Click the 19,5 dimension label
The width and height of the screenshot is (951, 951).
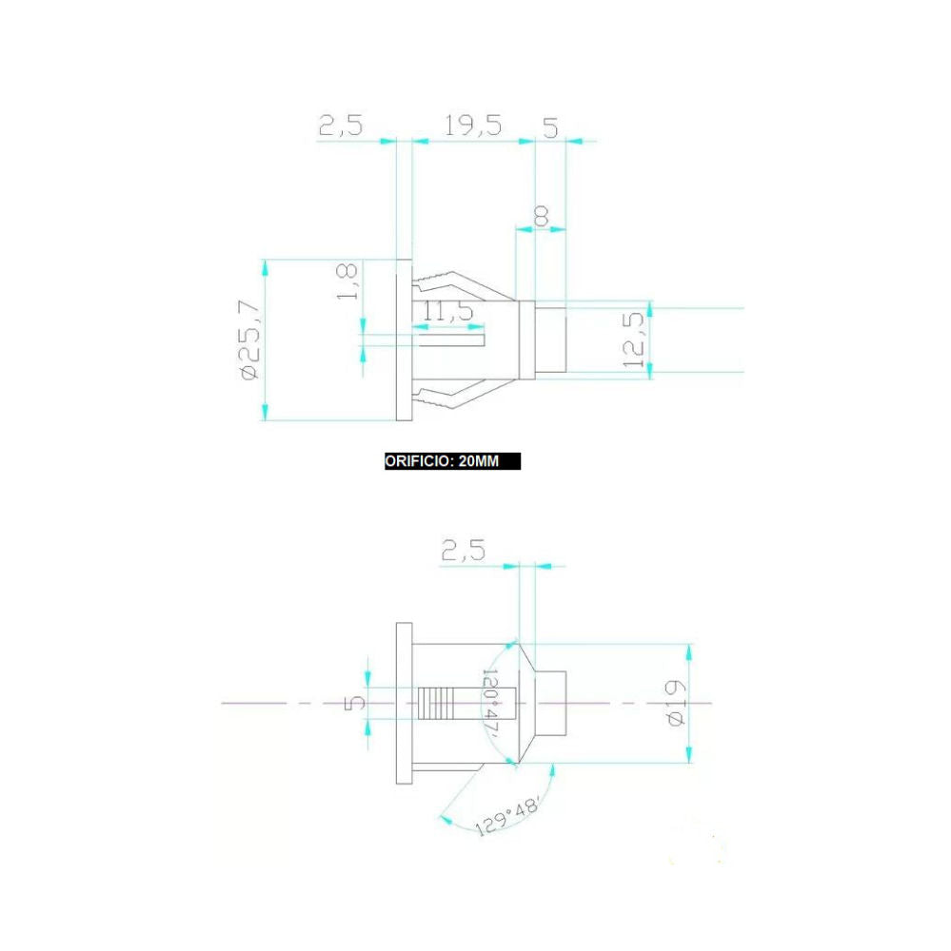point(473,126)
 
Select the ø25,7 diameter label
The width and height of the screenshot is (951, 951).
point(250,340)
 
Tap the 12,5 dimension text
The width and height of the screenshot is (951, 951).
point(633,340)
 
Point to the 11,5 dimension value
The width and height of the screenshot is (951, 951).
point(447,311)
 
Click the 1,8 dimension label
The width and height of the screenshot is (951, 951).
point(347,282)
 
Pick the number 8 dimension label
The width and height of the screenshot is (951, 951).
point(541,216)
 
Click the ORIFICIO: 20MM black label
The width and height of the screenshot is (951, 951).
point(452,461)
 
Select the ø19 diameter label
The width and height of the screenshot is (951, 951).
point(676,704)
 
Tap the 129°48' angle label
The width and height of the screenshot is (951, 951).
point(507,816)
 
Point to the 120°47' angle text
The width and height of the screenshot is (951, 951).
point(490,704)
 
